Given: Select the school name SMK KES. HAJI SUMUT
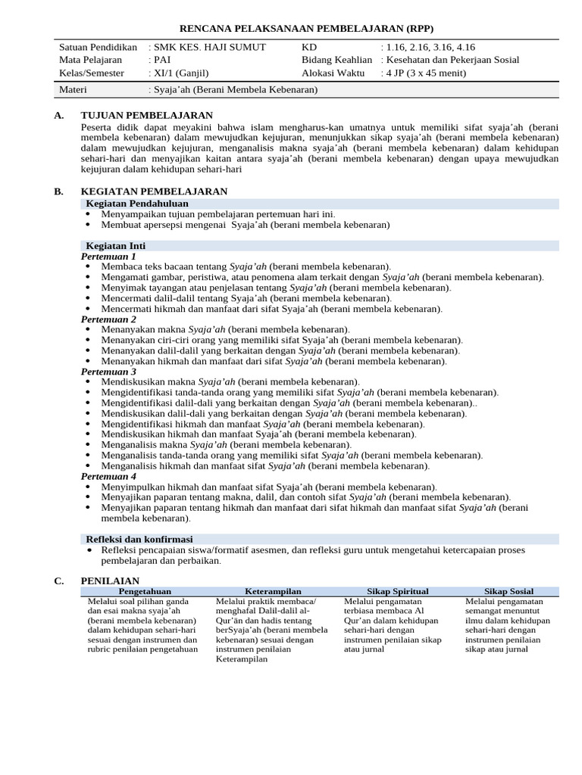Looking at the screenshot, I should (x=209, y=47).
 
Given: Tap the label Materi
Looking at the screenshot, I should (x=74, y=89).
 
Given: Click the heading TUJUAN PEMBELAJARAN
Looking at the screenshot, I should (x=146, y=115).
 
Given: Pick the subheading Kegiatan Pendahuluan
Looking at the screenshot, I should (x=136, y=204).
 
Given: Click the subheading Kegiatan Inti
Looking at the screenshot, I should (x=115, y=246).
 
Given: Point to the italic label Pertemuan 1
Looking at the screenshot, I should (x=108, y=257).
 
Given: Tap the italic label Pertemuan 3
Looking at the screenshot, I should (x=108, y=372).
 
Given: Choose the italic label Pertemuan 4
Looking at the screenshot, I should (x=108, y=476).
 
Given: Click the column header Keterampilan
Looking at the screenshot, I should (x=273, y=591).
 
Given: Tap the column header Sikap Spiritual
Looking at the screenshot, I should (x=398, y=591).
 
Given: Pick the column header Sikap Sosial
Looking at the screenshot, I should (x=509, y=591).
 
